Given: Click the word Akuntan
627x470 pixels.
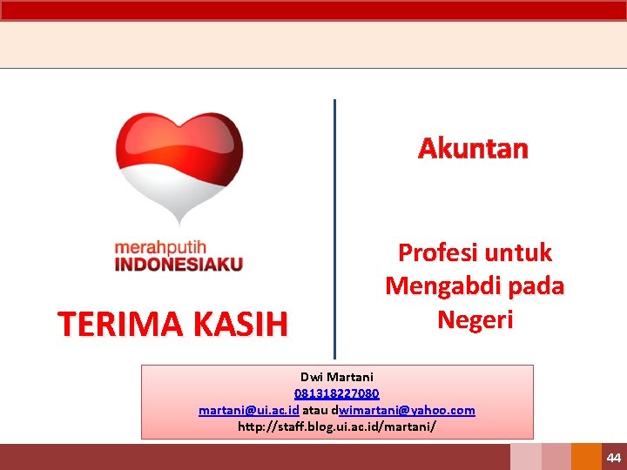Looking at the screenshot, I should click(473, 149).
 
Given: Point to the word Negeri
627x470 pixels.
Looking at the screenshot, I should click(475, 319).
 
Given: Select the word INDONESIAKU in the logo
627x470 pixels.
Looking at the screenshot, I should click(179, 264).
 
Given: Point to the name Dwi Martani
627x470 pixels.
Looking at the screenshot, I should click(336, 377).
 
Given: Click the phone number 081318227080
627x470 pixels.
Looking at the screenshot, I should click(336, 393).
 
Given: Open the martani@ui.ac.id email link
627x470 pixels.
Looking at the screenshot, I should click(249, 410).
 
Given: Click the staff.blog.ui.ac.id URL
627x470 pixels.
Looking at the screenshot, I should click(336, 426).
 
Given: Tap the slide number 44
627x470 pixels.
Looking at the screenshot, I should click(614, 458).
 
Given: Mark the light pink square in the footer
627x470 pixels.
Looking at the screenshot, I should click(525, 457).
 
